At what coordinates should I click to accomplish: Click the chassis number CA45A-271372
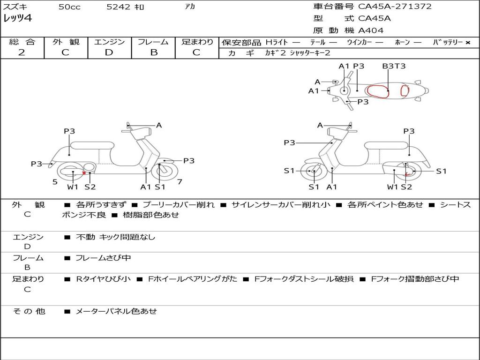coord(395,7)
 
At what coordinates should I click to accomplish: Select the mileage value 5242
coord(118,7)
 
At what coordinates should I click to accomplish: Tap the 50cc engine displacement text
coord(69,7)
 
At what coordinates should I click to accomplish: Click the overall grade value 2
coord(22,52)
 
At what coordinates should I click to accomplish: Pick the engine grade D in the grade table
coord(109,52)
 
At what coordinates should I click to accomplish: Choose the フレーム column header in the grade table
coord(153,42)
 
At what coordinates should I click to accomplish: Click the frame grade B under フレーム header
coord(153,52)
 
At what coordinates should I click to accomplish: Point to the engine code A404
coord(371,30)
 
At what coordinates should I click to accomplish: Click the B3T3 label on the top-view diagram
coord(393,66)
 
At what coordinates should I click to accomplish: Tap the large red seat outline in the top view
coord(378,91)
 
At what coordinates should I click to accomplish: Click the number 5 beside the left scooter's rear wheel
coord(55,181)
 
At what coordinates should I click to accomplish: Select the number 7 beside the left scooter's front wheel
coord(180,181)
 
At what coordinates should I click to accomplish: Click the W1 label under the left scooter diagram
coord(73,187)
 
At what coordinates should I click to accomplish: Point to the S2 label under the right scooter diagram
coord(406,187)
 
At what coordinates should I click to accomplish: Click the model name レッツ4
coord(17,19)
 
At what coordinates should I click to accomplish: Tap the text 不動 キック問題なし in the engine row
coord(115,237)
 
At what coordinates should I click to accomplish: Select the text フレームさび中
coord(103,258)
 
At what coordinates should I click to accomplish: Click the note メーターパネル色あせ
coord(116,311)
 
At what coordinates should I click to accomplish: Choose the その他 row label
coord(29,311)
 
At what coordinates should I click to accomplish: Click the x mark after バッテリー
coord(467,43)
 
